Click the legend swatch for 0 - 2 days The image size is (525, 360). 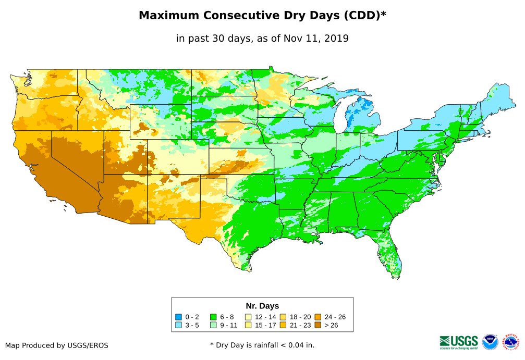click(178, 317)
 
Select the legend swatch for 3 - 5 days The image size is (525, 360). click(178, 326)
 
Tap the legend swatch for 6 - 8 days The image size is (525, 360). click(213, 317)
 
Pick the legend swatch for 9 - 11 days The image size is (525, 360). click(213, 326)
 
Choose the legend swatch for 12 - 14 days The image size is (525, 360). click(248, 317)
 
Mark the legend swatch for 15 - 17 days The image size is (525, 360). click(248, 326)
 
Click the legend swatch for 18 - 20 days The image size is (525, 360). click(283, 317)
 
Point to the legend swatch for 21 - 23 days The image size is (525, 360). click(283, 326)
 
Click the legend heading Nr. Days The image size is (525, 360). click(262, 306)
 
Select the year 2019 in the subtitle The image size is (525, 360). click(336, 38)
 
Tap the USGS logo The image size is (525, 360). click(459, 342)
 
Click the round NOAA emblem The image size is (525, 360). click(490, 342)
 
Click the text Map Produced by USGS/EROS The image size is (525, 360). click(57, 345)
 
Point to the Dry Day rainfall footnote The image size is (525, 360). click(262, 345)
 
